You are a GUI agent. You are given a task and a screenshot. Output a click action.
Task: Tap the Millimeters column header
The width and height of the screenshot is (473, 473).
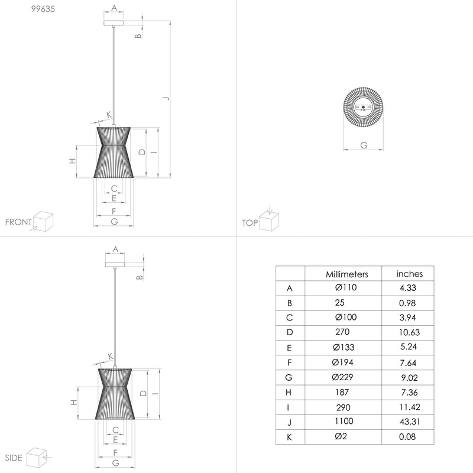coord(347,274)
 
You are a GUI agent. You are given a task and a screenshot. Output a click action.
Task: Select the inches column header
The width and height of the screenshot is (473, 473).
coord(409,274)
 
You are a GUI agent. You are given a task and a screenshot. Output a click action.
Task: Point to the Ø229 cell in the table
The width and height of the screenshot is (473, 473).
coord(344,377)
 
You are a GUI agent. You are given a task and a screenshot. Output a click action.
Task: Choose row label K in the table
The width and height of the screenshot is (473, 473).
coord(289,438)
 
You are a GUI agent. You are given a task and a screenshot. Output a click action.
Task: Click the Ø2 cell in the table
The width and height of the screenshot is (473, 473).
coord(341,437)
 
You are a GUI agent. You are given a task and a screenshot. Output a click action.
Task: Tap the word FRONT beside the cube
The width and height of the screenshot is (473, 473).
coord(18,222)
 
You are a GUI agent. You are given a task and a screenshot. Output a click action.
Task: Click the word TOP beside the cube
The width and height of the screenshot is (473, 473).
coord(250,223)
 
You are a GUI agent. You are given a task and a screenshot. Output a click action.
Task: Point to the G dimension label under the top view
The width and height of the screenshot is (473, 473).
coord(363,145)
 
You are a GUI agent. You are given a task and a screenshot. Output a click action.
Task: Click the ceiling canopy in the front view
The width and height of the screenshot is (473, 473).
coord(114,22)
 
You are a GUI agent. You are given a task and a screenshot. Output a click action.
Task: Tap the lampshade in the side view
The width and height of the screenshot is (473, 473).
coord(115,393)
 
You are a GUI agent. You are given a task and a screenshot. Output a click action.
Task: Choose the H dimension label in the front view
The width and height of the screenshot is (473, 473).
coord(72,161)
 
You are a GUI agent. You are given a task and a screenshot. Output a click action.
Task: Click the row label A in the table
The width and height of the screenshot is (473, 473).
coord(289,289)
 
